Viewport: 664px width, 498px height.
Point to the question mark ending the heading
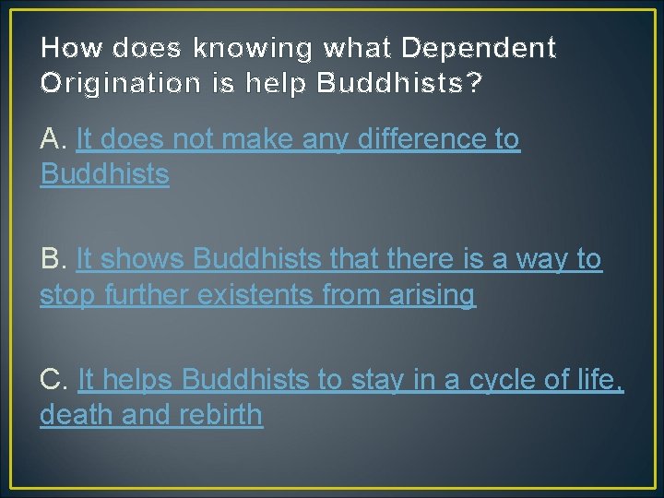[x=473, y=83]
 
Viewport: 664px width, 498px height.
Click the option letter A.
[x=52, y=139]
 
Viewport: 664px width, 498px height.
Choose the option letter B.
[x=52, y=260]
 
